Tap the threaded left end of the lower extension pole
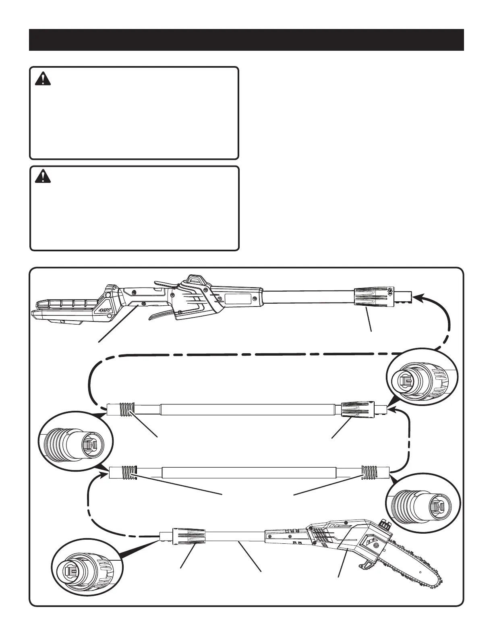(128, 472)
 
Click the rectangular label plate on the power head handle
(239, 298)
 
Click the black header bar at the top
(246, 40)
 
